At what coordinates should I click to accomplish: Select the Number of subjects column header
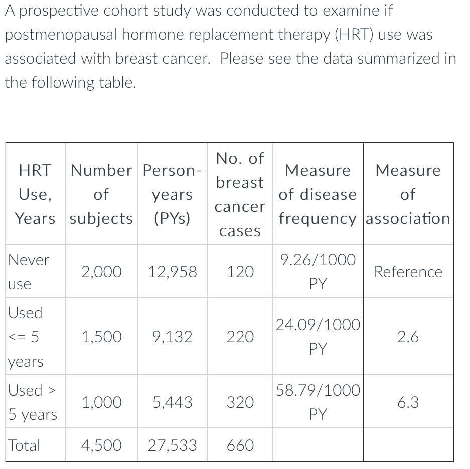(101, 194)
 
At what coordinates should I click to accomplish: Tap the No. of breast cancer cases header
(240, 194)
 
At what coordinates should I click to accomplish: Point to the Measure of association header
(408, 194)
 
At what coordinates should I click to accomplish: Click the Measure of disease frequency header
(318, 194)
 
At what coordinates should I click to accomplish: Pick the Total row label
(24, 445)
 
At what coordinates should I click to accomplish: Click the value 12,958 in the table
(173, 272)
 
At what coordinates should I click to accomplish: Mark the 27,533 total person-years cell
(173, 445)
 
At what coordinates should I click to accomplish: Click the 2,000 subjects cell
(101, 272)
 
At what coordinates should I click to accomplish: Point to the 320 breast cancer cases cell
(240, 402)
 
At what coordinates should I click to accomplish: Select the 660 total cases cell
(240, 445)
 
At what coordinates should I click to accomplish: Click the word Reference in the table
(408, 272)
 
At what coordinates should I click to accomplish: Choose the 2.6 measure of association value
(408, 337)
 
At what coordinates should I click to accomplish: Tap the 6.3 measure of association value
(408, 402)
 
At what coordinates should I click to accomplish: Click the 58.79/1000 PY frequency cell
(318, 402)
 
